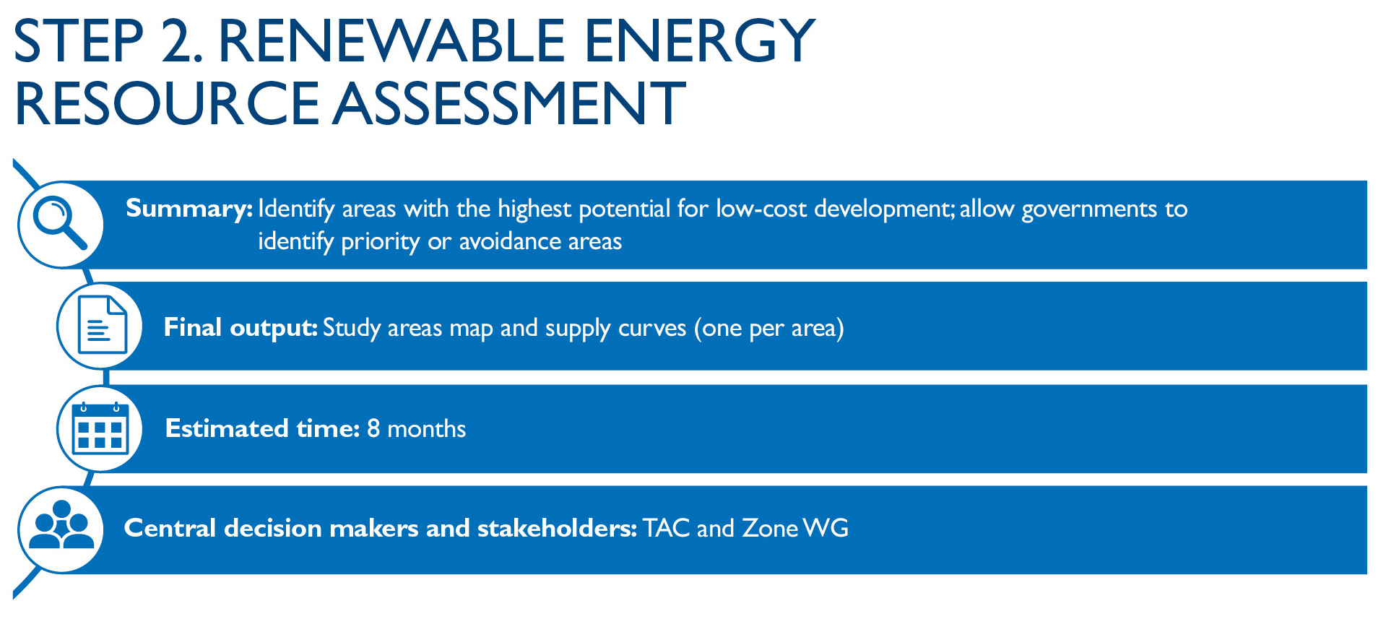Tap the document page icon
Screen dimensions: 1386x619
[x=102, y=324]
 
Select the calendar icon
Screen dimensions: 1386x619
[x=100, y=428]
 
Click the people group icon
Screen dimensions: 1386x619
[x=61, y=525]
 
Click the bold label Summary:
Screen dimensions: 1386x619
[x=189, y=209]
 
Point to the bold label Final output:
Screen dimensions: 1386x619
[x=241, y=328]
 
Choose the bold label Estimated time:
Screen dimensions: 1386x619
[x=262, y=428]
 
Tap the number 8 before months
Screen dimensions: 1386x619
[x=373, y=428]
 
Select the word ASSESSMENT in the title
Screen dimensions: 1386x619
[x=510, y=103]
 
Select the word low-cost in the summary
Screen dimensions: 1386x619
[x=761, y=209]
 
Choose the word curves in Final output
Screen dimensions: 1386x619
[x=652, y=328]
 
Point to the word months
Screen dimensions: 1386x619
[x=427, y=428]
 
